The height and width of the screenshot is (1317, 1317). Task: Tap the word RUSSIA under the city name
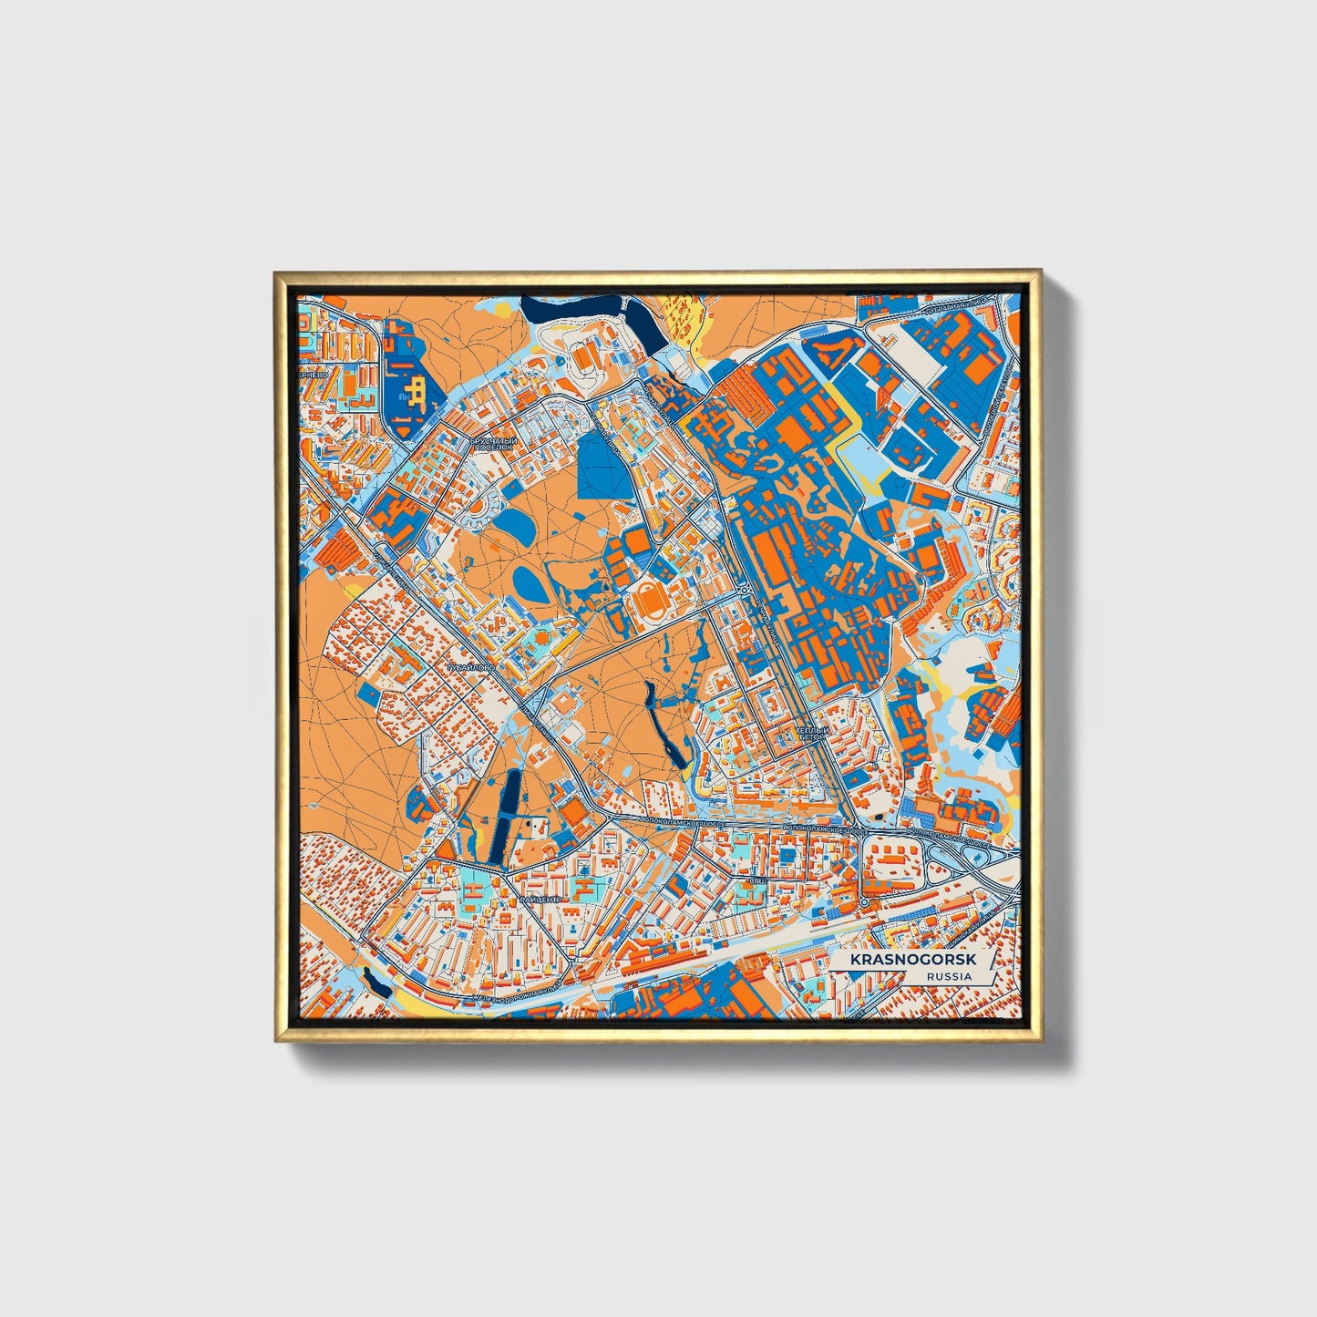(x=948, y=976)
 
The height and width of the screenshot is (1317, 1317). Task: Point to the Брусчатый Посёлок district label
(x=493, y=444)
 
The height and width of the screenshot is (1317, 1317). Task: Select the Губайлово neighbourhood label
(x=470, y=668)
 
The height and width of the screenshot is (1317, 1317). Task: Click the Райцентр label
(x=541, y=898)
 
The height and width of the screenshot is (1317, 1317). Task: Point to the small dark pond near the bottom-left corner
(x=375, y=980)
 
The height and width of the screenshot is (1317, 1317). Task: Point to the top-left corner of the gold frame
(x=275, y=271)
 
